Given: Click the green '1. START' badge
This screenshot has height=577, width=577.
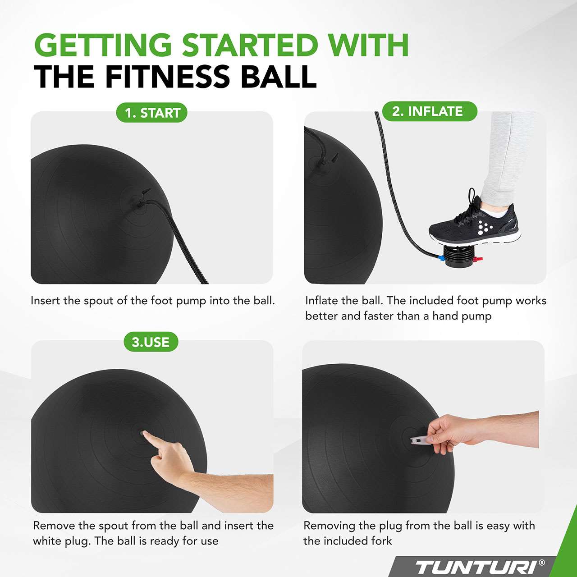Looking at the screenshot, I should (152, 113).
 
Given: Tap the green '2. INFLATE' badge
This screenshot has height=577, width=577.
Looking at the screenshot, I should (427, 111).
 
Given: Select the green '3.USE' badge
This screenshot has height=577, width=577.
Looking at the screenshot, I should (151, 342).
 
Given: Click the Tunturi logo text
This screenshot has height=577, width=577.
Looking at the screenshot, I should (476, 567).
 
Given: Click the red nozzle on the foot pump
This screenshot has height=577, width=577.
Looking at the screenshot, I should (478, 259).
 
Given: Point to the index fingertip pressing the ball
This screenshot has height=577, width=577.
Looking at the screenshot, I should (144, 434).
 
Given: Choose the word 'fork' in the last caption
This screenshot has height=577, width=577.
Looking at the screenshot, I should (381, 541).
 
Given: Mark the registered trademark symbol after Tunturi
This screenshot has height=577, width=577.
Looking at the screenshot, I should (542, 563).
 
